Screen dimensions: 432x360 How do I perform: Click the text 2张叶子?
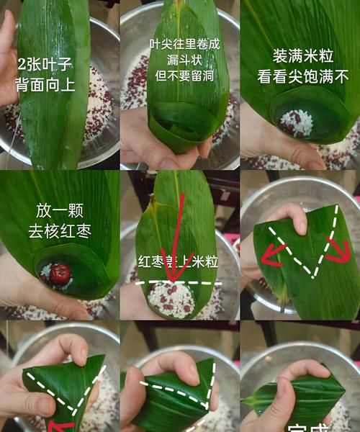click(44, 64)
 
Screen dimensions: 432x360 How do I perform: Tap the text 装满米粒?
click(302, 56)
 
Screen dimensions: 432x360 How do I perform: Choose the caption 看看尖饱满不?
click(302, 75)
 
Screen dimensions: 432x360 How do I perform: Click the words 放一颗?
click(59, 211)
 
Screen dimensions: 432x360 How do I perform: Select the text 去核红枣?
click(59, 231)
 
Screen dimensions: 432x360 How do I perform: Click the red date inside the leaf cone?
click(60, 273)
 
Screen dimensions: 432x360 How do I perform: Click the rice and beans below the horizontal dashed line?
click(172, 299)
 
